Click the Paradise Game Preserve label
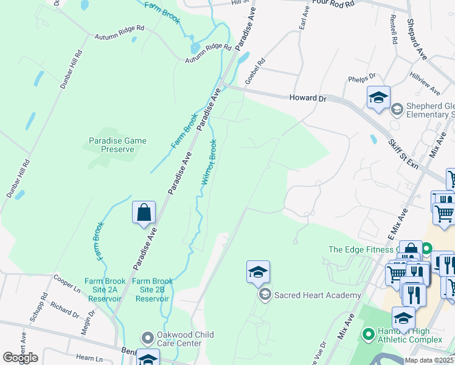118,145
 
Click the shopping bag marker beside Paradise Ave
144,214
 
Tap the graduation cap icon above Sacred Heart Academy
258,273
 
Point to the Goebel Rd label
255,71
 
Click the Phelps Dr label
362,79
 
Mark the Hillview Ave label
425,83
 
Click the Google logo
20,358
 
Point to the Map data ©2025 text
429,360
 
